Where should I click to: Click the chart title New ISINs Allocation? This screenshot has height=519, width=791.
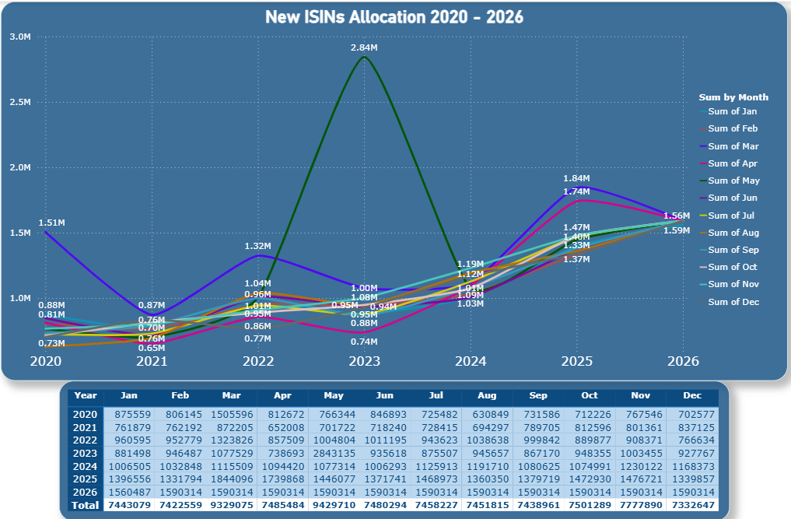tap(394, 17)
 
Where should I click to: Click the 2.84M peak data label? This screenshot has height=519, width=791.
tap(364, 48)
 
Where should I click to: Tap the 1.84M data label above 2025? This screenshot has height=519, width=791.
tap(576, 178)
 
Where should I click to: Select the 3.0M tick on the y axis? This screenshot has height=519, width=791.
tap(20, 37)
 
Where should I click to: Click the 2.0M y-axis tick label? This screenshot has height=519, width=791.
tap(20, 167)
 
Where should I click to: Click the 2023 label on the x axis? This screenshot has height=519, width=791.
tap(364, 361)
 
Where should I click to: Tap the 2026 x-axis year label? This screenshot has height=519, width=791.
tap(682, 361)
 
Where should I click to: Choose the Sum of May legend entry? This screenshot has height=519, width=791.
tap(733, 181)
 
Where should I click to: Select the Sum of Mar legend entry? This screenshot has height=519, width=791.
tap(733, 146)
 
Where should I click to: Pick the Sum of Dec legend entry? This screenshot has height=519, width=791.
tap(733, 302)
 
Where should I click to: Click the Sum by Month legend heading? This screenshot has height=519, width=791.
tap(733, 97)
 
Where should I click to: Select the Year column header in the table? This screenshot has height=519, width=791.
tap(86, 395)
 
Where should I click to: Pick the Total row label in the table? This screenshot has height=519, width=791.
tap(86, 505)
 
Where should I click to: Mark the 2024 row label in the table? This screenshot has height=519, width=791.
tap(86, 465)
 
